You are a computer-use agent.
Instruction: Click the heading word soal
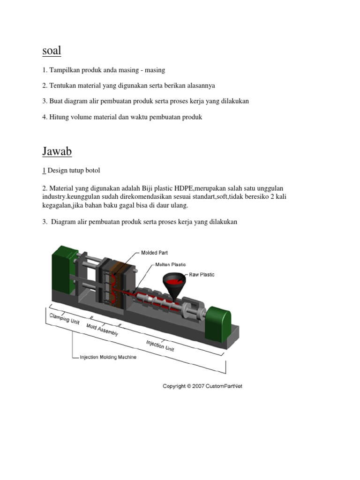(x=52, y=50)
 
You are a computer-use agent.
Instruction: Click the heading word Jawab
(x=57, y=151)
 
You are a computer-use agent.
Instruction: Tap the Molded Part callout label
(x=154, y=253)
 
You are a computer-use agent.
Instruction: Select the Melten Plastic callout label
(x=171, y=264)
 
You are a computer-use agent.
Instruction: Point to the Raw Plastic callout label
(x=202, y=274)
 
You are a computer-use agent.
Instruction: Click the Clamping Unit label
(x=65, y=319)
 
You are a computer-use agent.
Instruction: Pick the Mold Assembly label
(x=102, y=330)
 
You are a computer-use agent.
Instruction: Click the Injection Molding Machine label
(x=108, y=357)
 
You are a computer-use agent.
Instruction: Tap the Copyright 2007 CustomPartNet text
(x=202, y=386)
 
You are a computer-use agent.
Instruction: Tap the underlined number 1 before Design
(x=44, y=170)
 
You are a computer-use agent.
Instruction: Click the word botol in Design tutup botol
(x=92, y=170)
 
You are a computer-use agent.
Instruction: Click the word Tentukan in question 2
(x=62, y=85)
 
